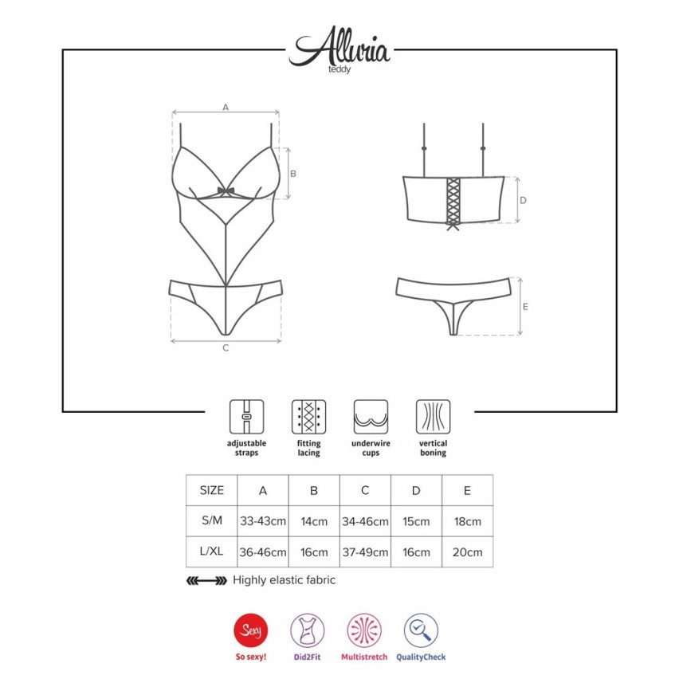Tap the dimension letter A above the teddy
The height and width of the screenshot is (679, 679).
(226, 107)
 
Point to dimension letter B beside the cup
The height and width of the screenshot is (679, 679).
(293, 174)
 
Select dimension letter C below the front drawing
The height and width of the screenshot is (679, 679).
(226, 347)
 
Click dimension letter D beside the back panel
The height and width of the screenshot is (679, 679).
(523, 200)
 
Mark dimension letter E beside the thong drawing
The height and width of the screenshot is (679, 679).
(525, 307)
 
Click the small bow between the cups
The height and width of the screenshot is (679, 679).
(226, 191)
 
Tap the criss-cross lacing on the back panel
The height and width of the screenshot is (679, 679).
(453, 202)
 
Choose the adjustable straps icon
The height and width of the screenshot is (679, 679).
(246, 417)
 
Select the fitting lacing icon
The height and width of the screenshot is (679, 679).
(308, 417)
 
